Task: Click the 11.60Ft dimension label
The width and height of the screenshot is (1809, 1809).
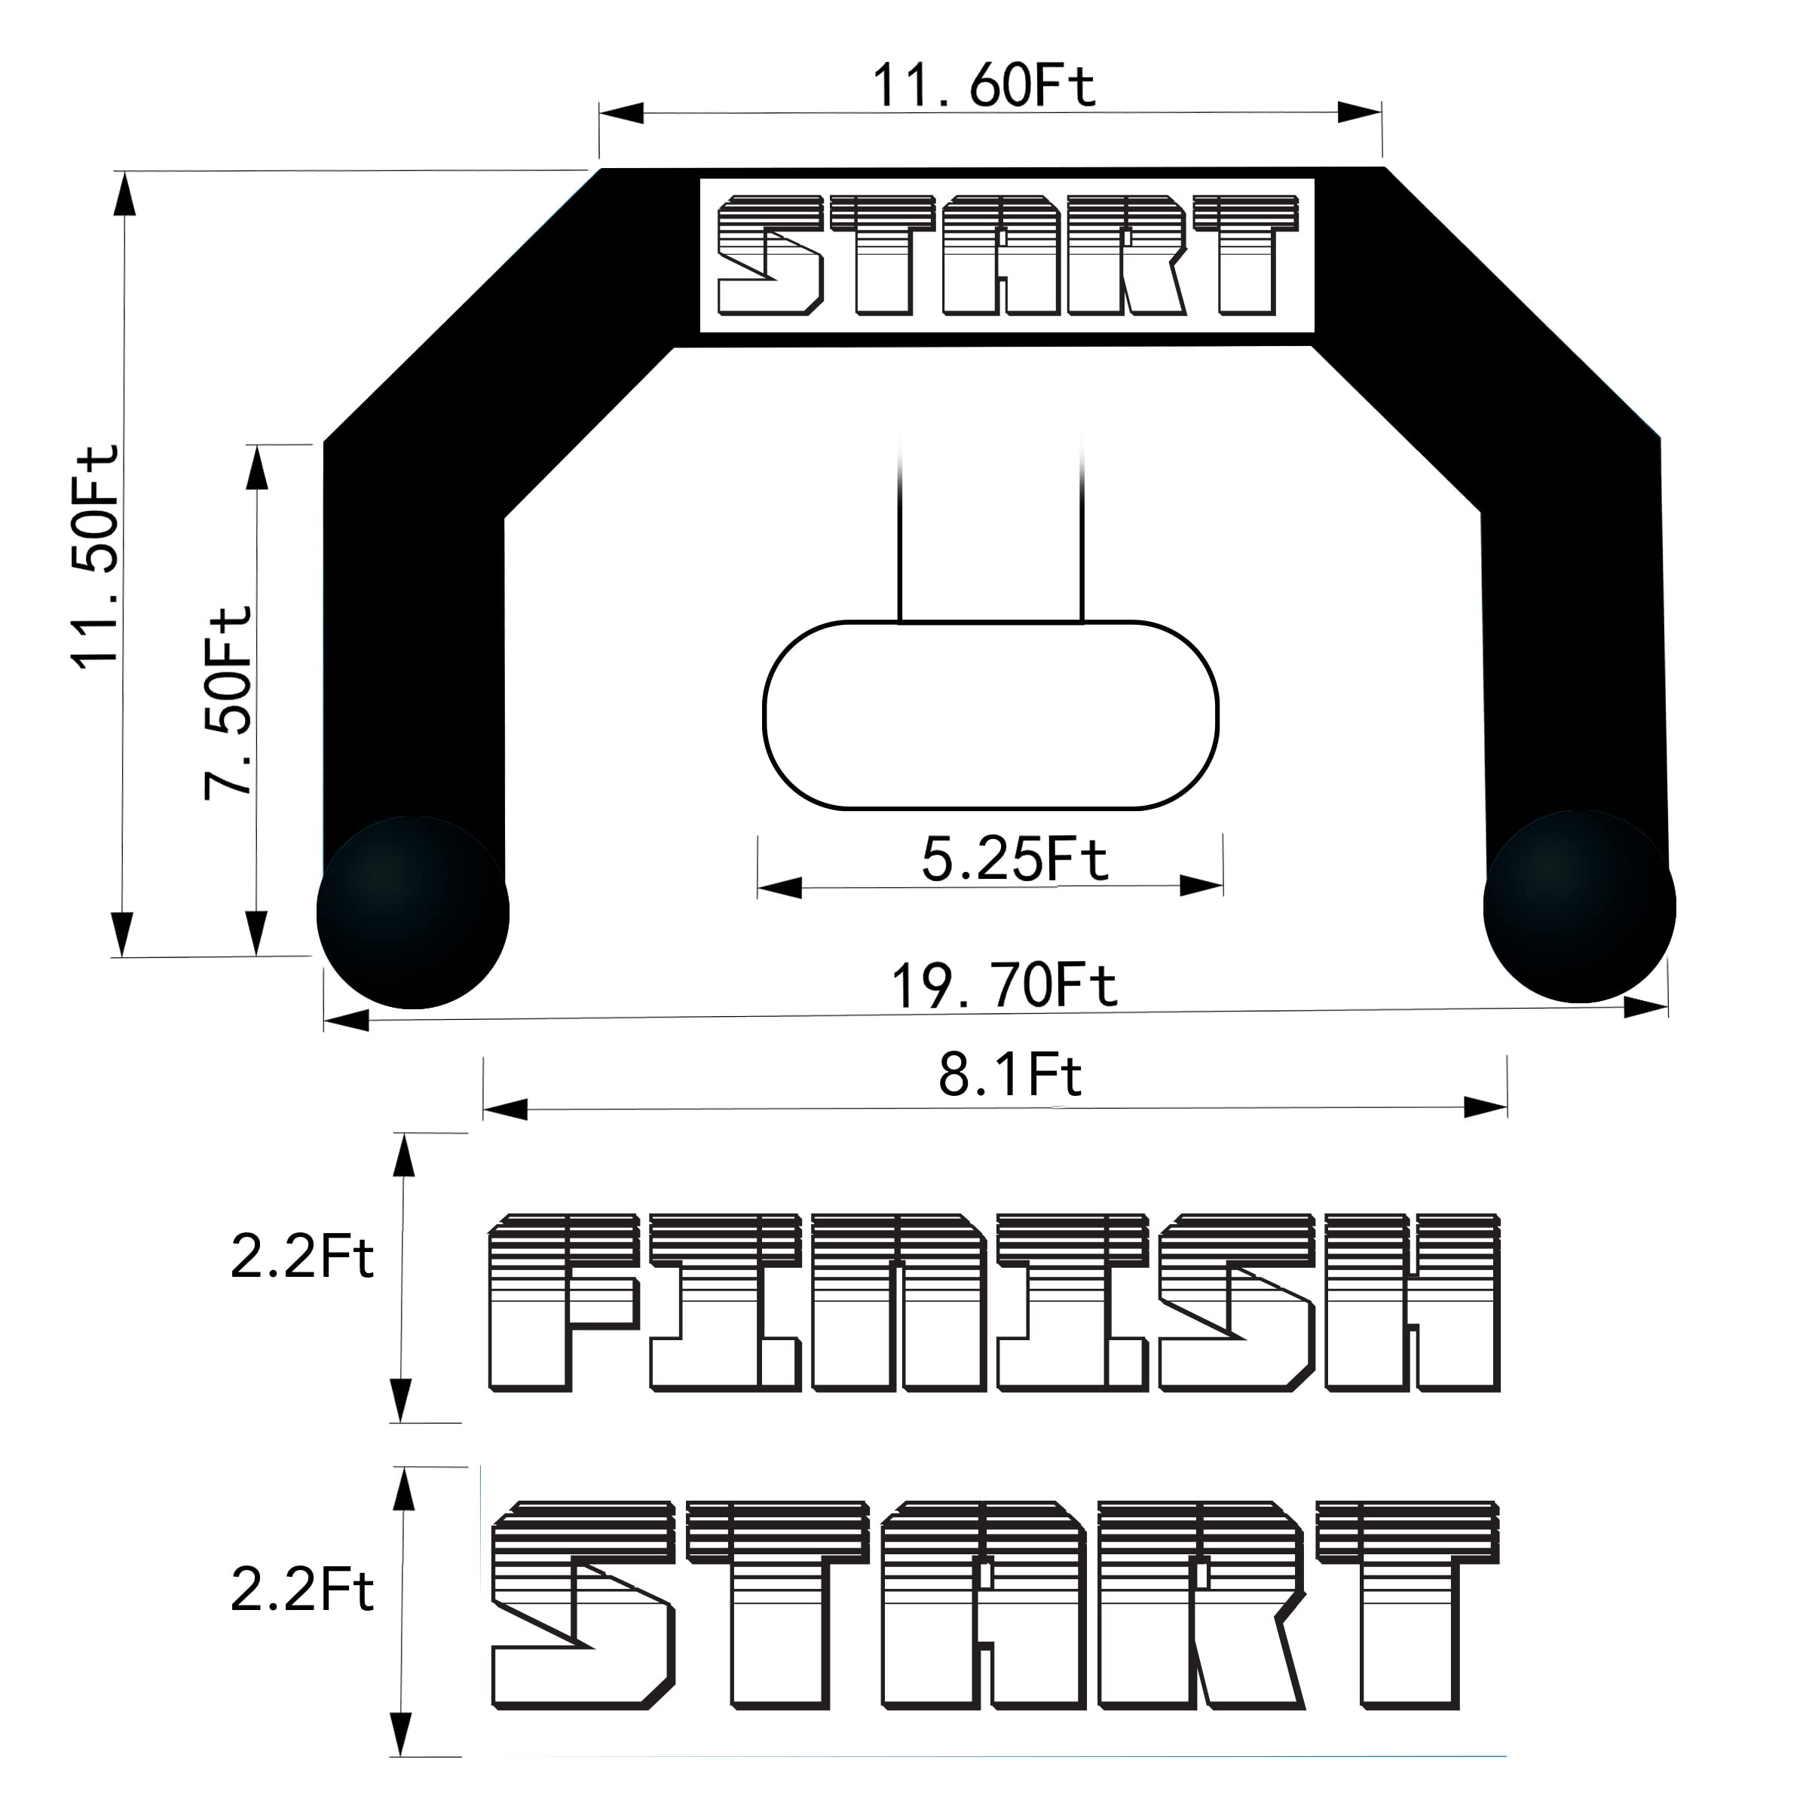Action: (983, 86)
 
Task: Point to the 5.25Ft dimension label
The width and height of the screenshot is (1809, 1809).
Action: (1014, 859)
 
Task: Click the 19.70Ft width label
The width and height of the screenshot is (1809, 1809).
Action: (1004, 986)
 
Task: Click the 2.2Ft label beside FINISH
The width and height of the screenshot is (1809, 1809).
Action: (301, 1257)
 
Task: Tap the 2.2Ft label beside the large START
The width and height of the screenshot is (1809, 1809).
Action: (301, 1590)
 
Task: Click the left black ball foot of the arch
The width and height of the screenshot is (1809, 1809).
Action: (413, 912)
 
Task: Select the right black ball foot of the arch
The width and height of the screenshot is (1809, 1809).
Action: (1580, 906)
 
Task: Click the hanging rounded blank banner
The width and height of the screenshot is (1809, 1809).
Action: (990, 715)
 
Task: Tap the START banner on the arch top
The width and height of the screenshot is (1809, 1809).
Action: (1006, 255)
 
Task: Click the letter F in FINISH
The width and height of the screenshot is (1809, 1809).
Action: (562, 1302)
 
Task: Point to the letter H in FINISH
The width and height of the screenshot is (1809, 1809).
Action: (1412, 1302)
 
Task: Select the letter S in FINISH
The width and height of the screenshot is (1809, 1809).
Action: (1236, 1302)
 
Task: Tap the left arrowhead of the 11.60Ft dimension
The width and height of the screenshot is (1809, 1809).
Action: (622, 113)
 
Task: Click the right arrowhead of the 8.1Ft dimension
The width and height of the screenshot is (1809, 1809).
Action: (1485, 1109)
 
